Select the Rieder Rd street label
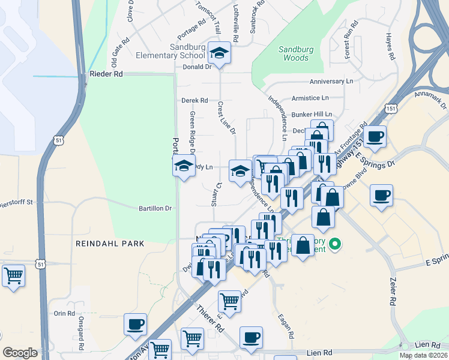click(x=106, y=74)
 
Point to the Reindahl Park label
click(x=110, y=244)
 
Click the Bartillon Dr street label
click(x=155, y=208)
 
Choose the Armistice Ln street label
click(x=310, y=97)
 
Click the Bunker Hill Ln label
click(x=312, y=114)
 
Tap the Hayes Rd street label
click(x=391, y=46)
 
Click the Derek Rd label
click(x=194, y=100)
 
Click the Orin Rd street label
click(x=64, y=313)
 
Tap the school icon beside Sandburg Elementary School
click(x=220, y=53)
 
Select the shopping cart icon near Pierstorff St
click(x=13, y=277)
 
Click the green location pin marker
click(x=336, y=244)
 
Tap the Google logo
click(x=20, y=353)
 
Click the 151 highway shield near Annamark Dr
click(x=391, y=109)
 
